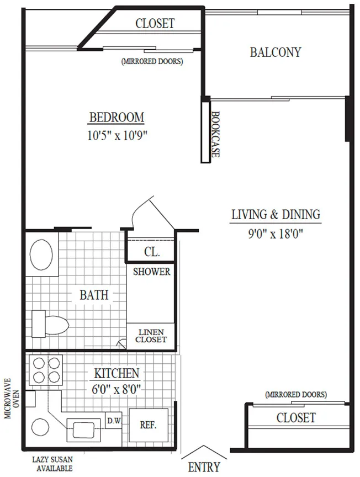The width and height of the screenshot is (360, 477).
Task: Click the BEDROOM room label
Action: coord(117,118)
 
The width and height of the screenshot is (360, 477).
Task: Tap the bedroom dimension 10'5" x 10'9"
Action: coord(117,135)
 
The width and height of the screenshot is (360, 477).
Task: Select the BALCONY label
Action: coord(276,52)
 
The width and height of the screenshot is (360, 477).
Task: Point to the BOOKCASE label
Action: coord(215,134)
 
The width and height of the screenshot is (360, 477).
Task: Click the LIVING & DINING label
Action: coord(276,214)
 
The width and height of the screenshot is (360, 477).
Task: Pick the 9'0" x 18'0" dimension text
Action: coord(276,234)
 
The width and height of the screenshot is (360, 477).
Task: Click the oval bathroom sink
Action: coord(41,255)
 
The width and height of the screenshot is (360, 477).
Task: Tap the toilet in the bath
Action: coord(50,324)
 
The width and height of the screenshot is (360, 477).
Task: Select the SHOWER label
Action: coord(151,272)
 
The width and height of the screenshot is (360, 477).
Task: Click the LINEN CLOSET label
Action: coord(151,336)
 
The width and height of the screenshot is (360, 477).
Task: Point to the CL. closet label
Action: coord(152,252)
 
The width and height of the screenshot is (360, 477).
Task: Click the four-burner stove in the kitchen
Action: coord(46,370)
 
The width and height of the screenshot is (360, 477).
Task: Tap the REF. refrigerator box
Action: coord(149,425)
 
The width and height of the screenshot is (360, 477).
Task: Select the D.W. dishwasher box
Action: coord(114,420)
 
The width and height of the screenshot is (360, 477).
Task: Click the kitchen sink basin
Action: coord(83,430)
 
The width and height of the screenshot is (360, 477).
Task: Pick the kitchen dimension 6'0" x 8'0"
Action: coord(117,389)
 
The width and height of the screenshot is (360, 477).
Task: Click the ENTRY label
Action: coord(204,467)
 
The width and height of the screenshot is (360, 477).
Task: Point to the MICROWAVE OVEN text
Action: coord(12,398)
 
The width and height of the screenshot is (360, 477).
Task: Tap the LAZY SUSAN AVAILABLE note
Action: coord(52,464)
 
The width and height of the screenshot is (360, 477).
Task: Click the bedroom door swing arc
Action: coord(139,210)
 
